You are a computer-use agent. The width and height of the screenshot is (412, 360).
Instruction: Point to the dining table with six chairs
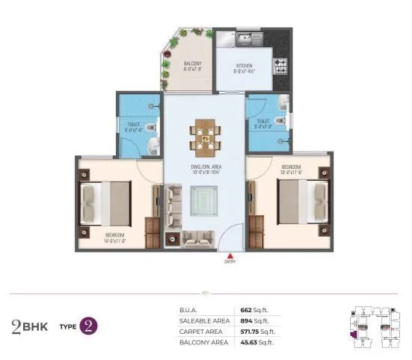(206, 135)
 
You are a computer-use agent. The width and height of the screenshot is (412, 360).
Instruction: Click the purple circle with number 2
(89, 326)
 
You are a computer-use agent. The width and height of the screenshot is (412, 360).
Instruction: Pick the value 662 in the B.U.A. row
(245, 309)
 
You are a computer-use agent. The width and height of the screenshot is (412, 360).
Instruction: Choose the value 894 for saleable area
(245, 320)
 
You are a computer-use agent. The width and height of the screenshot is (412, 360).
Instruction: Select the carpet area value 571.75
(249, 331)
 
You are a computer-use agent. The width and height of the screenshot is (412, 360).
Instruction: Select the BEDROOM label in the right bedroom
(291, 165)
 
